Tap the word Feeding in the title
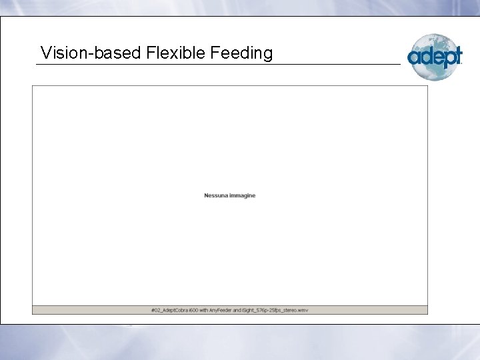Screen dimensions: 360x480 click(241, 53)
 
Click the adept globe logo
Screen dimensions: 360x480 click(434, 56)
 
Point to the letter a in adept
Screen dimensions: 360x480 click(413, 58)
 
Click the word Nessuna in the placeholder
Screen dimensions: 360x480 click(215, 195)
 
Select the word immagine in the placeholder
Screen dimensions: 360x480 click(242, 195)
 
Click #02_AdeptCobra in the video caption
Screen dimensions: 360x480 click(169, 310)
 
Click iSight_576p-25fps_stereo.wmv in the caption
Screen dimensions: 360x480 click(275, 310)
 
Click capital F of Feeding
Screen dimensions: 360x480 click(214, 53)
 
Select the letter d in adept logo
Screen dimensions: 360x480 click(425, 57)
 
